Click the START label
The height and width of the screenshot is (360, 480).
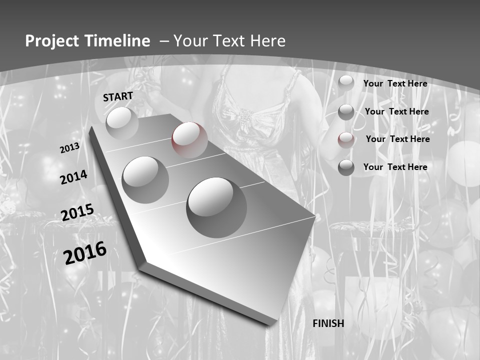(x=118, y=96)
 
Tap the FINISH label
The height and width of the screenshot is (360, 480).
(x=328, y=323)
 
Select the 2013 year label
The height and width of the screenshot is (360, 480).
(x=69, y=148)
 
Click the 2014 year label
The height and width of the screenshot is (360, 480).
(x=73, y=177)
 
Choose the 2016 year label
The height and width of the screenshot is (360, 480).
(x=85, y=252)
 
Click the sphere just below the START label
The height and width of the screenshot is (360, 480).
(x=122, y=122)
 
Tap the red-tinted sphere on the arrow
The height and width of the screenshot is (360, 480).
(x=189, y=140)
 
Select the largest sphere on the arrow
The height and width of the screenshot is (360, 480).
(x=216, y=207)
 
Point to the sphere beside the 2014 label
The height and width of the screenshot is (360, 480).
(x=145, y=179)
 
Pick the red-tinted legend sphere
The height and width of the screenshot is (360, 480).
(x=346, y=140)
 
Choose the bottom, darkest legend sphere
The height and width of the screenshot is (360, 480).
(x=346, y=167)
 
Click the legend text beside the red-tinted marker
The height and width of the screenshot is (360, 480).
(x=397, y=139)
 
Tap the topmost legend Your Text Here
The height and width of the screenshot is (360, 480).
(x=395, y=83)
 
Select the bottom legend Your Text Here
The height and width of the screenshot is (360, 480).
(x=395, y=167)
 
